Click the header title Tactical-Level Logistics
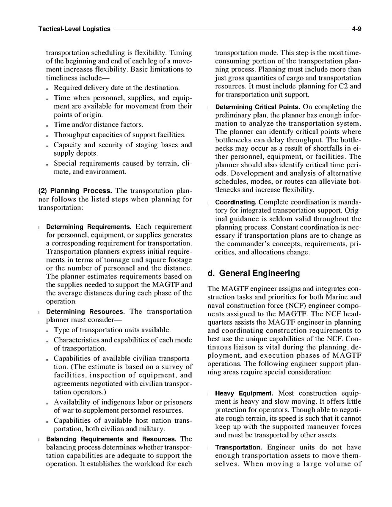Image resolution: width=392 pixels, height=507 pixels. [x=74, y=29]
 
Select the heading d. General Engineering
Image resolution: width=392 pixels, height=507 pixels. [x=254, y=273]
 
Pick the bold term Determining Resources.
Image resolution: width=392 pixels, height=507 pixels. [x=86, y=312]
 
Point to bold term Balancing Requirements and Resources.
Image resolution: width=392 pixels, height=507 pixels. [x=111, y=439]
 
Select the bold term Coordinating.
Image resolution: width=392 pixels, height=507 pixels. [x=236, y=202]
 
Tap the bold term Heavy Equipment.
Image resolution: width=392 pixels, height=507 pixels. [x=244, y=394]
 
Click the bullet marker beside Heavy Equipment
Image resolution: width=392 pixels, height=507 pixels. [x=209, y=394]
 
